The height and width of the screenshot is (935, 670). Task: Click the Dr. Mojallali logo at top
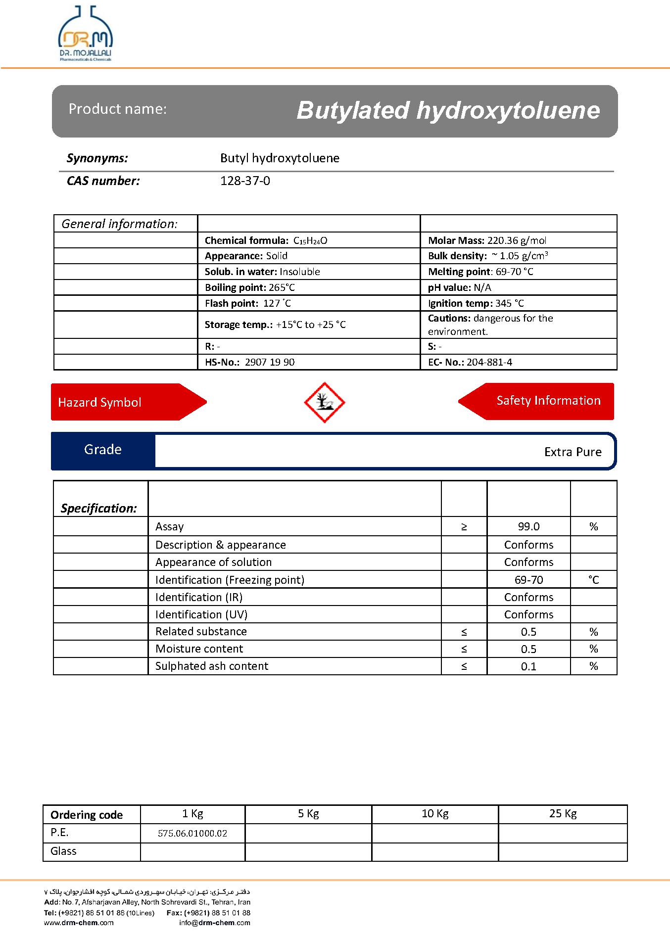[x=86, y=35]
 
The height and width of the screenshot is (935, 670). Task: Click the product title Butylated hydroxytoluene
[x=448, y=110]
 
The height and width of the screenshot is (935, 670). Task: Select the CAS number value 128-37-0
[x=245, y=181]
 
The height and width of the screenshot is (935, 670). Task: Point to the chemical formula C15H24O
[x=310, y=241]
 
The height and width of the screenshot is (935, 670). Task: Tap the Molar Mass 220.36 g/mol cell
[x=487, y=241]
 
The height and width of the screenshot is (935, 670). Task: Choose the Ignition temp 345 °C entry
[x=476, y=303]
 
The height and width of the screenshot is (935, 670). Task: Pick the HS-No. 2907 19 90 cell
[x=249, y=362]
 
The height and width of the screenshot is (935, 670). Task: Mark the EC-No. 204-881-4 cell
[x=470, y=362]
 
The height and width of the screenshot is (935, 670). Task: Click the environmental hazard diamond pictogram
[x=324, y=402]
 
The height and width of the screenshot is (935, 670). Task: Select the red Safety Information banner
[x=544, y=401]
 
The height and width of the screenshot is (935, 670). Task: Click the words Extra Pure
[x=573, y=452]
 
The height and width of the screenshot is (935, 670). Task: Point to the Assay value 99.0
[x=528, y=527]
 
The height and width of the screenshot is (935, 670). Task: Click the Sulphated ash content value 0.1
[x=528, y=666]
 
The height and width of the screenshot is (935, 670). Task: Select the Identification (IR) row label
[x=199, y=597]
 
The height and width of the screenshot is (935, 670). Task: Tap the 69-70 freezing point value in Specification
[x=528, y=580]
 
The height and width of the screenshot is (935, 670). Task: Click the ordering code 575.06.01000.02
[x=192, y=833]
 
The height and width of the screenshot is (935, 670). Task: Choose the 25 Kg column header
[x=563, y=814]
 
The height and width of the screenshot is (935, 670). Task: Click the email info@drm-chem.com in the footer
[x=215, y=923]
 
